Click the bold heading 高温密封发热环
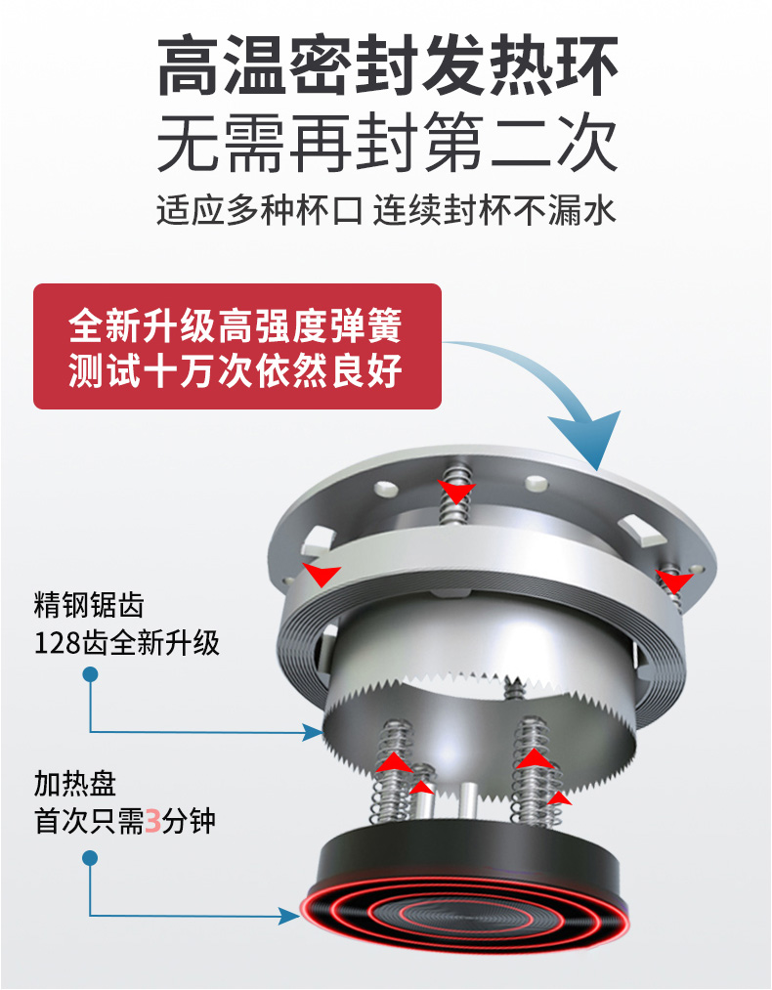386,66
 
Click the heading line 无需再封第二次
386,144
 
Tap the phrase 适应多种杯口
259,210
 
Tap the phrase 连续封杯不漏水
494,210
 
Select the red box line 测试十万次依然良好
236,370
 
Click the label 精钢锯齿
89,605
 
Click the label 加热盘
75,784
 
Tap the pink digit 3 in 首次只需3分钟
152,822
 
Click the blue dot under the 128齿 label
90,674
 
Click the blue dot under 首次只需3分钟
90,858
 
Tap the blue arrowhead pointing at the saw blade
314,732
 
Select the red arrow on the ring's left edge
321,574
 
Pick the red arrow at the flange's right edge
674,581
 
